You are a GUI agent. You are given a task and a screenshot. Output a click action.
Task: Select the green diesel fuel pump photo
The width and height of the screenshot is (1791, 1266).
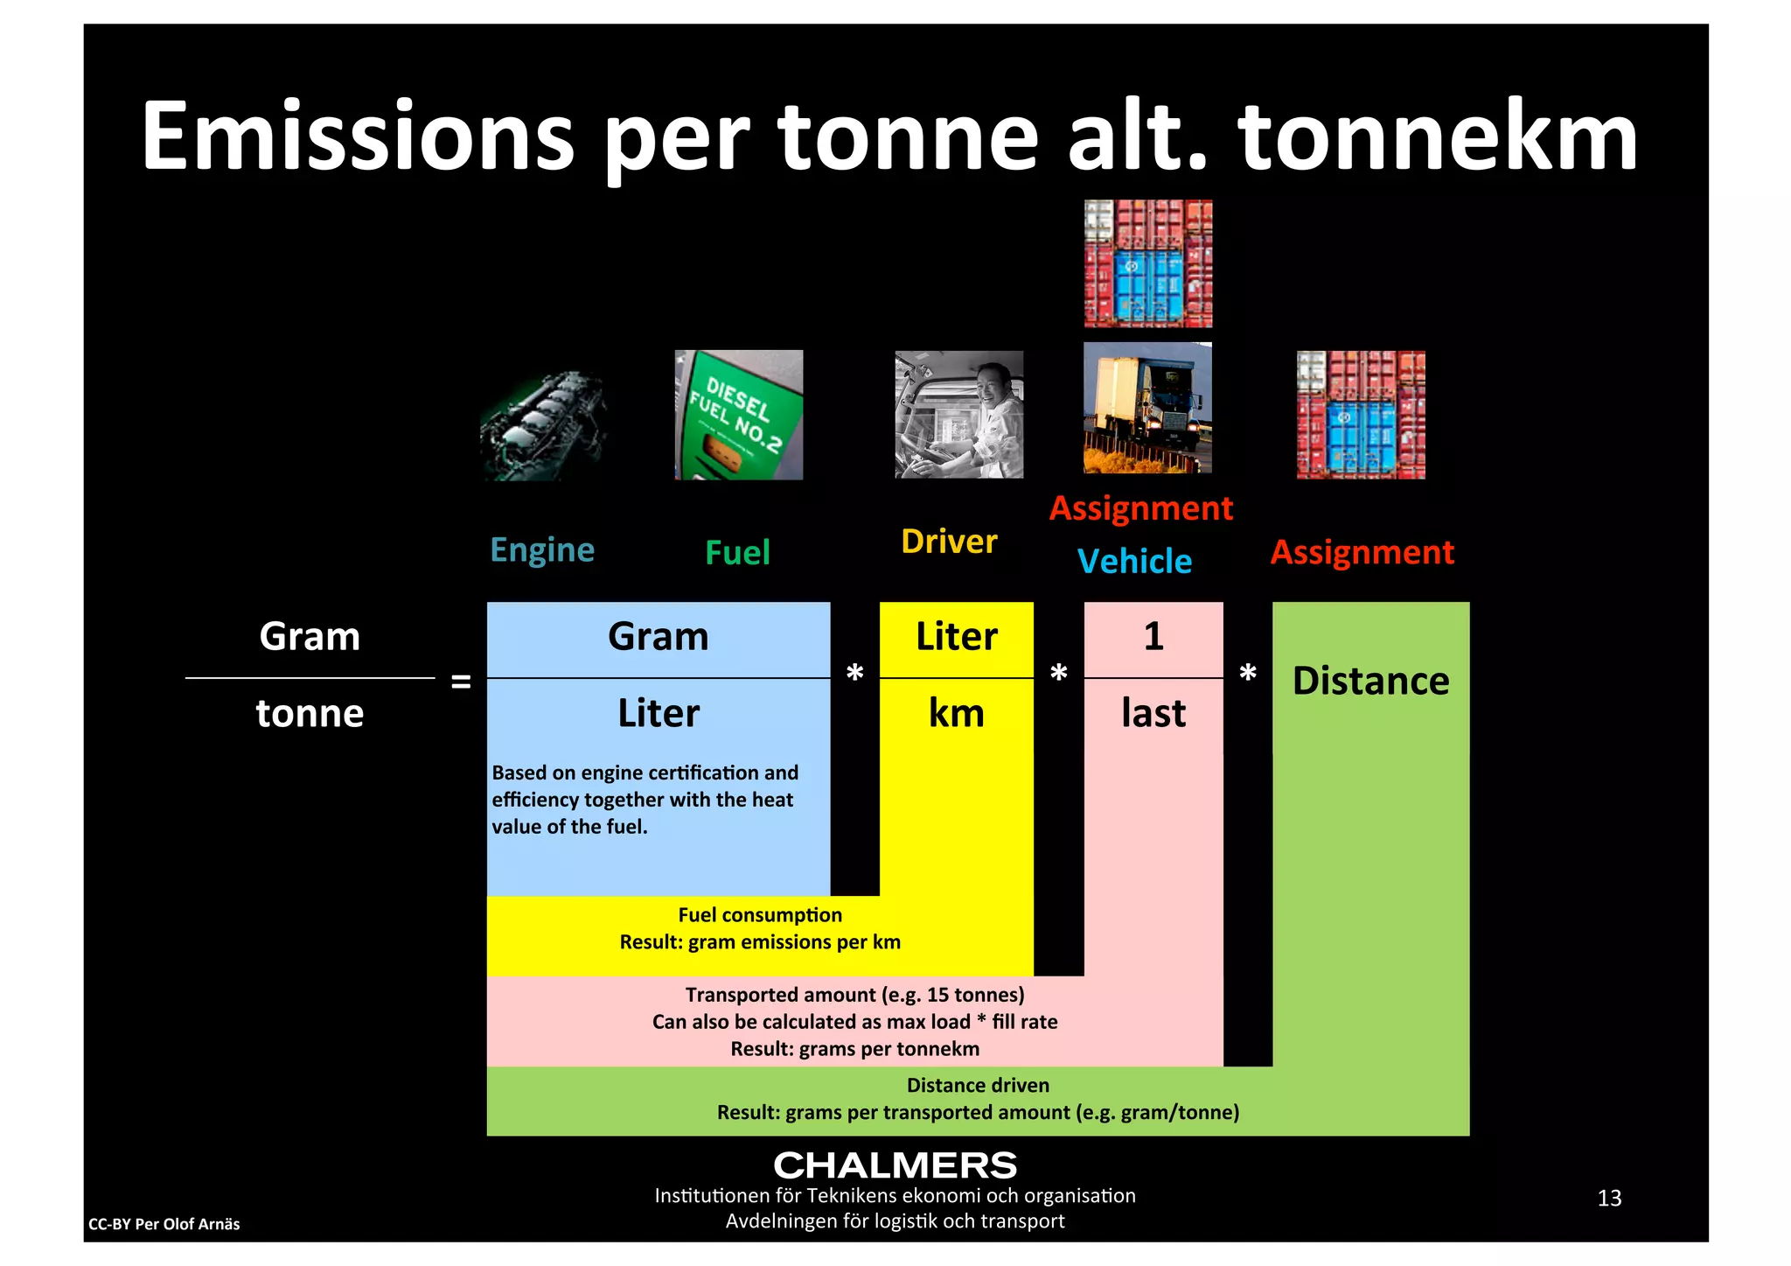click(739, 415)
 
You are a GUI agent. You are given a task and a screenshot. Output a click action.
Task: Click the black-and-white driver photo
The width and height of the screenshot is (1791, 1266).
click(958, 415)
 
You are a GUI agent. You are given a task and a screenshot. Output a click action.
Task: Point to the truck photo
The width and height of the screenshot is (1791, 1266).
click(1147, 408)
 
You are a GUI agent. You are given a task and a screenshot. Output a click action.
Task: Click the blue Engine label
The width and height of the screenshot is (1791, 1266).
click(542, 550)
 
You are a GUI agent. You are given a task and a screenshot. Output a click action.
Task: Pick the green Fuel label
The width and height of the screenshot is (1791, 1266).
click(737, 553)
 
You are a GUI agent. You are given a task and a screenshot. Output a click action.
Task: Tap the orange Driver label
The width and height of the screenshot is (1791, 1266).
click(949, 542)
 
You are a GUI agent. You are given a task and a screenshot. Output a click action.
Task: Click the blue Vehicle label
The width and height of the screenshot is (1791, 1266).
click(1134, 562)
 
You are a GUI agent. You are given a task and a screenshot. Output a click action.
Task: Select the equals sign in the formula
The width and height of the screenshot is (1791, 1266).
click(461, 682)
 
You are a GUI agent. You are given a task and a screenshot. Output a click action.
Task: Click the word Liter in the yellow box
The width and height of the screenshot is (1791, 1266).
click(956, 637)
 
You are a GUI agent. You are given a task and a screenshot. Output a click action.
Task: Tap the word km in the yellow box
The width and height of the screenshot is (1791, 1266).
click(956, 714)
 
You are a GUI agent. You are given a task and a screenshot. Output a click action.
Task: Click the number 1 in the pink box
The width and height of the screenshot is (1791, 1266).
click(1153, 636)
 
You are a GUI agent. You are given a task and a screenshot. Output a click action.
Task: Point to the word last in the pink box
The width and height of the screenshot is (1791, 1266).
click(1153, 714)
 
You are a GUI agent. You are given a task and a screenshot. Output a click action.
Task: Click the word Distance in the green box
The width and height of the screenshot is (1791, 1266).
click(1370, 682)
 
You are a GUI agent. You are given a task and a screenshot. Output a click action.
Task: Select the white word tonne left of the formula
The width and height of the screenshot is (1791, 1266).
click(310, 714)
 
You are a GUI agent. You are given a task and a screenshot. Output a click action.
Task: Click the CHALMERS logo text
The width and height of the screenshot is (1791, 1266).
click(895, 1165)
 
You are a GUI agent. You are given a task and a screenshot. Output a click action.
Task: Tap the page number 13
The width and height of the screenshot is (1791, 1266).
click(1608, 1198)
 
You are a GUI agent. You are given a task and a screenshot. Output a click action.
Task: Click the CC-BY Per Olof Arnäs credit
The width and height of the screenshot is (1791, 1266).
click(164, 1224)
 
